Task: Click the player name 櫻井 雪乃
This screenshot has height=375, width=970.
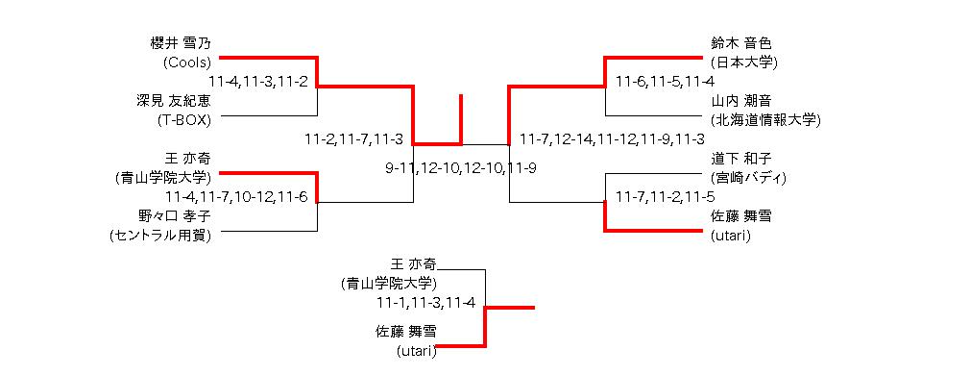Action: (181, 44)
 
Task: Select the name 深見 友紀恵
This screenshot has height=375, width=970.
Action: (174, 101)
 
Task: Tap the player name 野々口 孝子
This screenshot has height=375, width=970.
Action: (175, 216)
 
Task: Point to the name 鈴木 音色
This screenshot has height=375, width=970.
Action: (741, 44)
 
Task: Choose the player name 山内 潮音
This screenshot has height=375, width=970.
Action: (741, 101)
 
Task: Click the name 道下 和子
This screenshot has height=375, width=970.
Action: (741, 159)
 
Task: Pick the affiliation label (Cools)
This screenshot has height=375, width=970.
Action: (187, 62)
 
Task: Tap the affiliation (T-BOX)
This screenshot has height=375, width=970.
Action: (184, 120)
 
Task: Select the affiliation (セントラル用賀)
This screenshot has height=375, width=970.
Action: (160, 236)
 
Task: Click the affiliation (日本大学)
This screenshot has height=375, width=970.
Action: (743, 62)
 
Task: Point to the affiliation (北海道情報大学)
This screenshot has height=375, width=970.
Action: (765, 120)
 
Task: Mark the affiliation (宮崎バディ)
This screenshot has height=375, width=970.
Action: (748, 178)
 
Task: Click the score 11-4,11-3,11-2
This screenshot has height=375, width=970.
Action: (258, 82)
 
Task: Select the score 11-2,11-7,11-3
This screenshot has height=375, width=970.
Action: (353, 138)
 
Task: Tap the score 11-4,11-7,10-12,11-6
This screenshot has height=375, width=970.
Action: (236, 197)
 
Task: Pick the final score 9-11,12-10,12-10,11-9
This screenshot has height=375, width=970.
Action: (461, 168)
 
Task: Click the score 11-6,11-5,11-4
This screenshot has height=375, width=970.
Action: (665, 82)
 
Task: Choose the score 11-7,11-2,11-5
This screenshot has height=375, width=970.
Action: (665, 197)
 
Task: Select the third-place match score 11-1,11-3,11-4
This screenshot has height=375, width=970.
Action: (425, 303)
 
